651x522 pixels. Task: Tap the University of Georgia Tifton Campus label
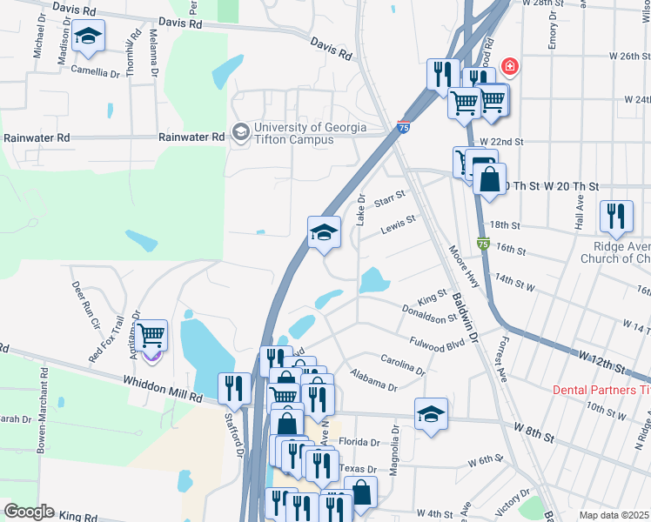[292, 133]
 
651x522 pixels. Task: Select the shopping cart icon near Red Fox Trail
[151, 335]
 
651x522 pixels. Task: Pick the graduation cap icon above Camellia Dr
[87, 37]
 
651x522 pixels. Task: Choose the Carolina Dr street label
[402, 365]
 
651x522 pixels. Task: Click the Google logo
[30, 512]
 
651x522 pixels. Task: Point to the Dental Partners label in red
[601, 390]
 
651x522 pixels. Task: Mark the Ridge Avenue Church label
[615, 252]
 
